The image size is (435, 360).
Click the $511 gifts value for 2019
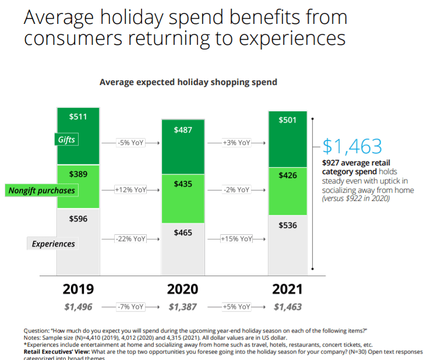(78, 117)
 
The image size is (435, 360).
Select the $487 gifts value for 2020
(183, 129)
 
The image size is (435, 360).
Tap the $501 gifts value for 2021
(288, 121)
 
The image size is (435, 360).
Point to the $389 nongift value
(78, 174)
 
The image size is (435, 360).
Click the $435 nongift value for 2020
(183, 183)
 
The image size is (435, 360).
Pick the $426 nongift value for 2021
(288, 175)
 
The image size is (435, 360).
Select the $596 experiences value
(78, 219)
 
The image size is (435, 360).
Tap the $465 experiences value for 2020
(183, 232)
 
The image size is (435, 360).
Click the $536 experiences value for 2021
(288, 225)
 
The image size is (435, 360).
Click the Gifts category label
(66, 140)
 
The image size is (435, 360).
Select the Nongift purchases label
(42, 190)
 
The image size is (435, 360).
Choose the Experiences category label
(54, 244)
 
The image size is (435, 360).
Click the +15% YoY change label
(237, 239)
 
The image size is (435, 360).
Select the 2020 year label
(182, 289)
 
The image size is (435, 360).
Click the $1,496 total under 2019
(78, 306)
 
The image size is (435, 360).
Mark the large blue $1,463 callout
(352, 146)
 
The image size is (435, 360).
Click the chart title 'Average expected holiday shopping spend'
(188, 82)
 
